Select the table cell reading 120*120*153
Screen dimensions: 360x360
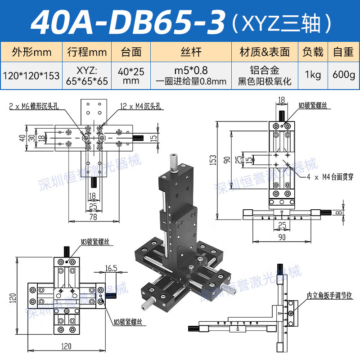click(31, 75)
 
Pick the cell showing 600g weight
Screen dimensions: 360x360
click(343, 75)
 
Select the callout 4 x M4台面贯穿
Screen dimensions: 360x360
click(330, 177)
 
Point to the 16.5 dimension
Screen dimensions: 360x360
click(111, 269)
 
